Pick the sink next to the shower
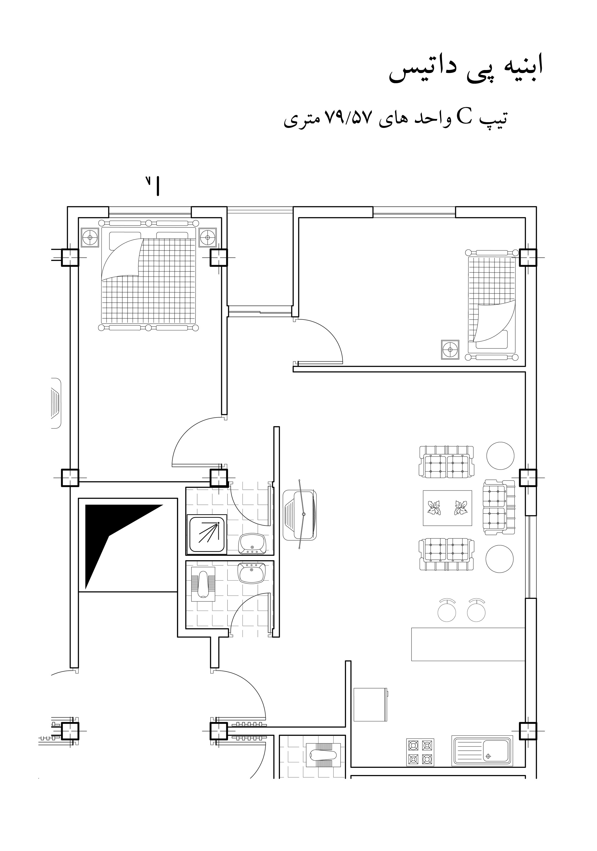click(251, 543)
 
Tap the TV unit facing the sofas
click(300, 515)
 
